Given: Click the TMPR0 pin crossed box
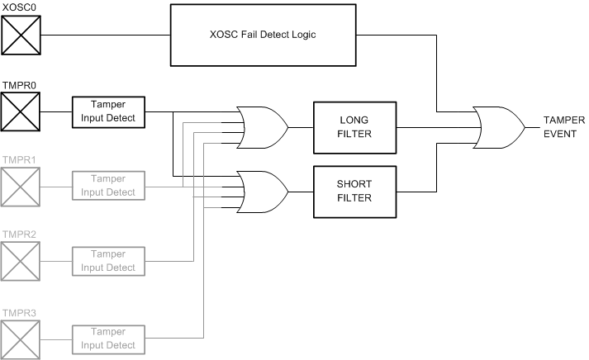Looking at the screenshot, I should coord(21,111).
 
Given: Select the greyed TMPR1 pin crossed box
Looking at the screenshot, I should coord(21,187).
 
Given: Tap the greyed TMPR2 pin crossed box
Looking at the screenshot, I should coord(21,263).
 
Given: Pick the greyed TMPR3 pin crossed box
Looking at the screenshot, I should coord(21,339).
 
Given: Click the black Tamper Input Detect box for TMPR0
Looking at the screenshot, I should coord(108,111).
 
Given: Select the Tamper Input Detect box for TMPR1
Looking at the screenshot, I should coord(108,187).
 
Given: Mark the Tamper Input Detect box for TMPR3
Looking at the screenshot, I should coord(108,339).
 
